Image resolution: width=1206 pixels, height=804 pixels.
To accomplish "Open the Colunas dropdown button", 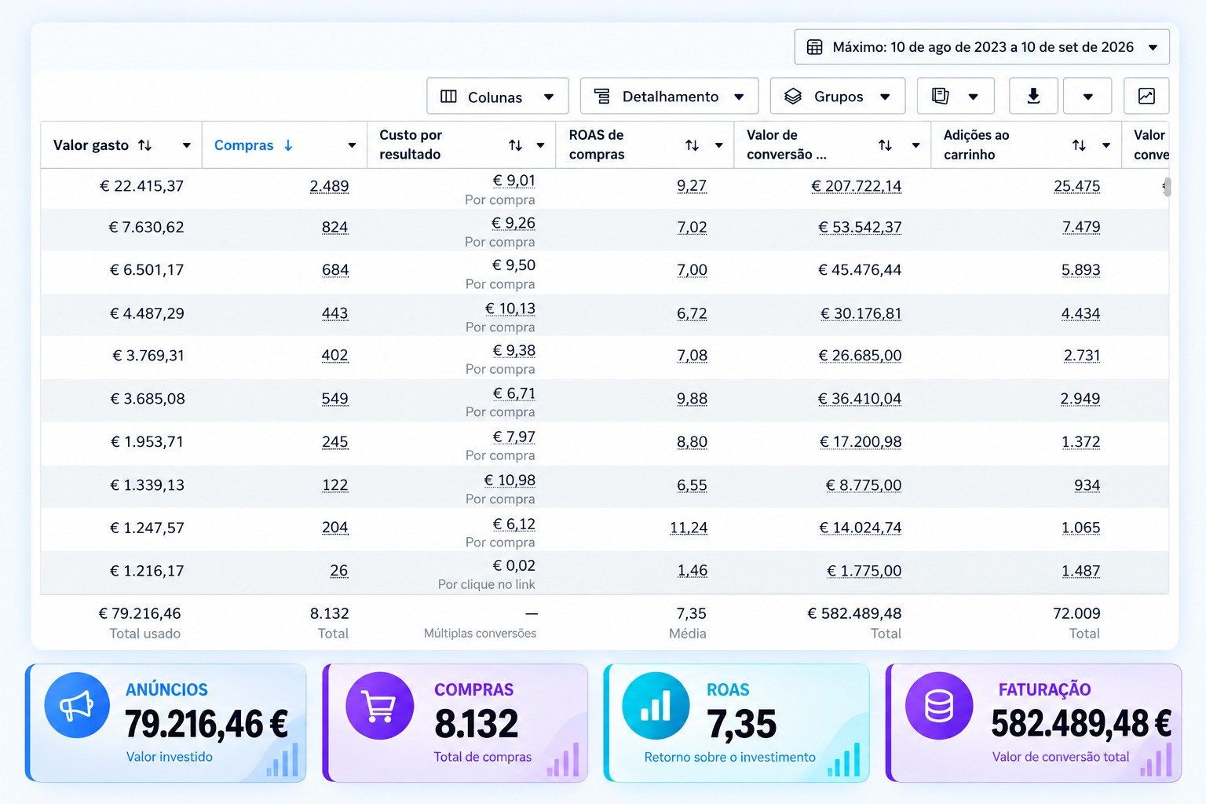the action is [x=498, y=97].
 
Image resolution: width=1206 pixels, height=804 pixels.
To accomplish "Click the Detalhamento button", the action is [x=669, y=97].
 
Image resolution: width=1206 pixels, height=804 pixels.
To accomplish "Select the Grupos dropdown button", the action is [x=838, y=97].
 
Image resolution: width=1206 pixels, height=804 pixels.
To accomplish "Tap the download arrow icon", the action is [x=1033, y=97].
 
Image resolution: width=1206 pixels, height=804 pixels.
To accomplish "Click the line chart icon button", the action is [x=1146, y=97].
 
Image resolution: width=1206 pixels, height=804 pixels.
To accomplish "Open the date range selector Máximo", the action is [x=981, y=47].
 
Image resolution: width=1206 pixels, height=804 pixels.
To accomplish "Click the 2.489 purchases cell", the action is [x=330, y=186].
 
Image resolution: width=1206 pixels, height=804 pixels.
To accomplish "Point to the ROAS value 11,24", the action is [x=689, y=527].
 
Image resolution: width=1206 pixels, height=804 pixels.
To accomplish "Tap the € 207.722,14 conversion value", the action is [x=856, y=186].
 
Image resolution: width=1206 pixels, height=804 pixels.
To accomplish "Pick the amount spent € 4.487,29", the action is [x=147, y=312].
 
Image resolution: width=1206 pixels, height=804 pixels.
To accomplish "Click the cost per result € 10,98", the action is [x=510, y=480].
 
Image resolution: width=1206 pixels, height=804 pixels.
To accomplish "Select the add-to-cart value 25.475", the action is [x=1076, y=186].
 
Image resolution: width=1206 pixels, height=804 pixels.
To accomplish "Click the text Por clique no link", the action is [x=486, y=584].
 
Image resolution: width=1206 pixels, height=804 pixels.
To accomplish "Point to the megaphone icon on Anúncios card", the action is [x=77, y=705].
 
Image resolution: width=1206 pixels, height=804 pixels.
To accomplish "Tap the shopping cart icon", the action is [x=379, y=705].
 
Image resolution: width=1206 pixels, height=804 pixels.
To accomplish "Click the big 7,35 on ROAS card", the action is [x=742, y=723].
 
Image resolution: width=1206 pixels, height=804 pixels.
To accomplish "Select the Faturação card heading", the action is [x=1044, y=689].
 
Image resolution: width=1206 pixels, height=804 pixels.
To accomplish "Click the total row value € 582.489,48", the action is [x=854, y=613].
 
